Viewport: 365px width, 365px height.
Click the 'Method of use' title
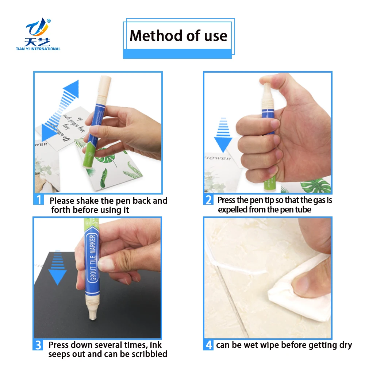178,36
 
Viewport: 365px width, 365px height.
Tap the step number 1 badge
39,200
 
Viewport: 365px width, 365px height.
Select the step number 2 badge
208,200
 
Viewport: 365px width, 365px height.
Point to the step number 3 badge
39,345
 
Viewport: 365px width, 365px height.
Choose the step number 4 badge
208,345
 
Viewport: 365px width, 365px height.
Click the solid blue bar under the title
177,54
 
